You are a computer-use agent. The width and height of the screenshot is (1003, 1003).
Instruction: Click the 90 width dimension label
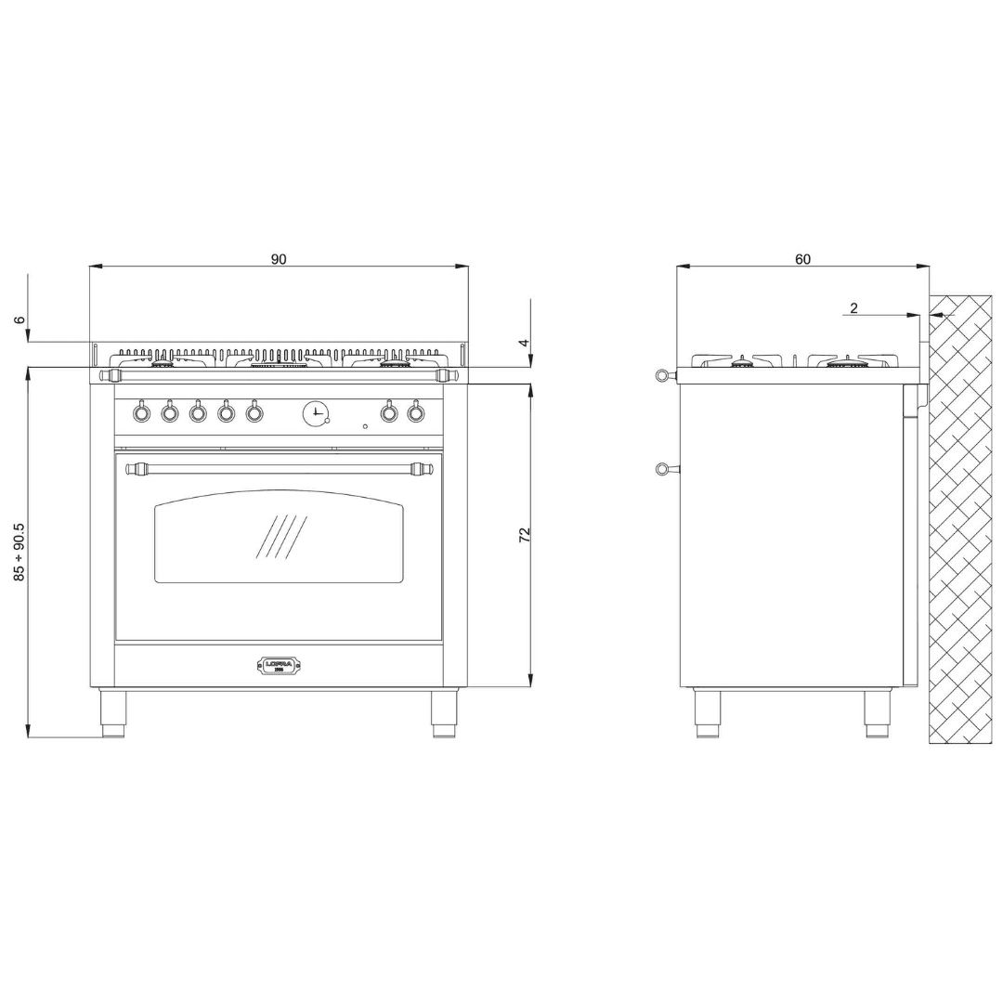[x=279, y=259]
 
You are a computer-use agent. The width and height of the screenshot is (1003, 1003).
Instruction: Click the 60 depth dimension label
[x=802, y=259]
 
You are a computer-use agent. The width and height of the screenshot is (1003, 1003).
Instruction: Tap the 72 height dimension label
[x=525, y=534]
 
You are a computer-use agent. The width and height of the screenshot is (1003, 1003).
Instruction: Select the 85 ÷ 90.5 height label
[x=20, y=552]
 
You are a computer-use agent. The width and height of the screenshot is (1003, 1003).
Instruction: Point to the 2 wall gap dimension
[x=853, y=308]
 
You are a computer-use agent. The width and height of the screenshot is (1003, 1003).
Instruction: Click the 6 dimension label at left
[x=20, y=320]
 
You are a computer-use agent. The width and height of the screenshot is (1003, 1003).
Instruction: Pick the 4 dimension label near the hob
[x=525, y=343]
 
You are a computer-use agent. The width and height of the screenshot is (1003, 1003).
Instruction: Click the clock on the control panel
[x=316, y=411]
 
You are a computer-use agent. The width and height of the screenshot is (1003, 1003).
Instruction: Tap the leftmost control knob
[x=141, y=412]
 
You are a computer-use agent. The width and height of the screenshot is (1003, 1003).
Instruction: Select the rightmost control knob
[x=416, y=412]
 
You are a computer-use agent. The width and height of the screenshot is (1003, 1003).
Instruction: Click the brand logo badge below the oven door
[x=279, y=665]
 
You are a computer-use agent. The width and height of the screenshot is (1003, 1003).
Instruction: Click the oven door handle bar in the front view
[x=279, y=468]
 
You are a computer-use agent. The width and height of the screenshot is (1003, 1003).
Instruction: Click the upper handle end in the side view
[x=661, y=375]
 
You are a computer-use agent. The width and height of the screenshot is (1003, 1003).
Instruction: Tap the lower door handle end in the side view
[x=661, y=468]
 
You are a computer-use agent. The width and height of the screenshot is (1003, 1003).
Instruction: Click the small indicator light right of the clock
[x=365, y=426]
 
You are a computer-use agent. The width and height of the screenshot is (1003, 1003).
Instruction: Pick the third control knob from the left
[x=198, y=412]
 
